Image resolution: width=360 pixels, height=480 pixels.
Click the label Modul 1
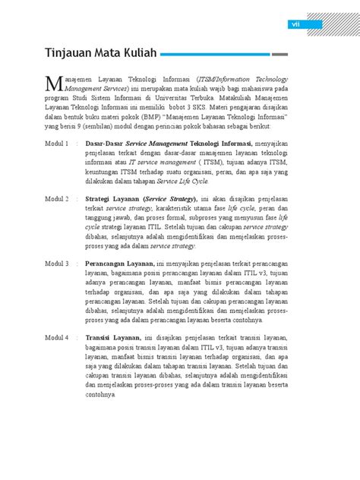[x=57, y=142]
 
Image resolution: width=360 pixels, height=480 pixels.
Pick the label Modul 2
[x=57, y=197]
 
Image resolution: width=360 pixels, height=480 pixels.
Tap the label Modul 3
[x=57, y=263]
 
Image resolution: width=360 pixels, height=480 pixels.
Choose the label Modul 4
[x=57, y=337]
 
